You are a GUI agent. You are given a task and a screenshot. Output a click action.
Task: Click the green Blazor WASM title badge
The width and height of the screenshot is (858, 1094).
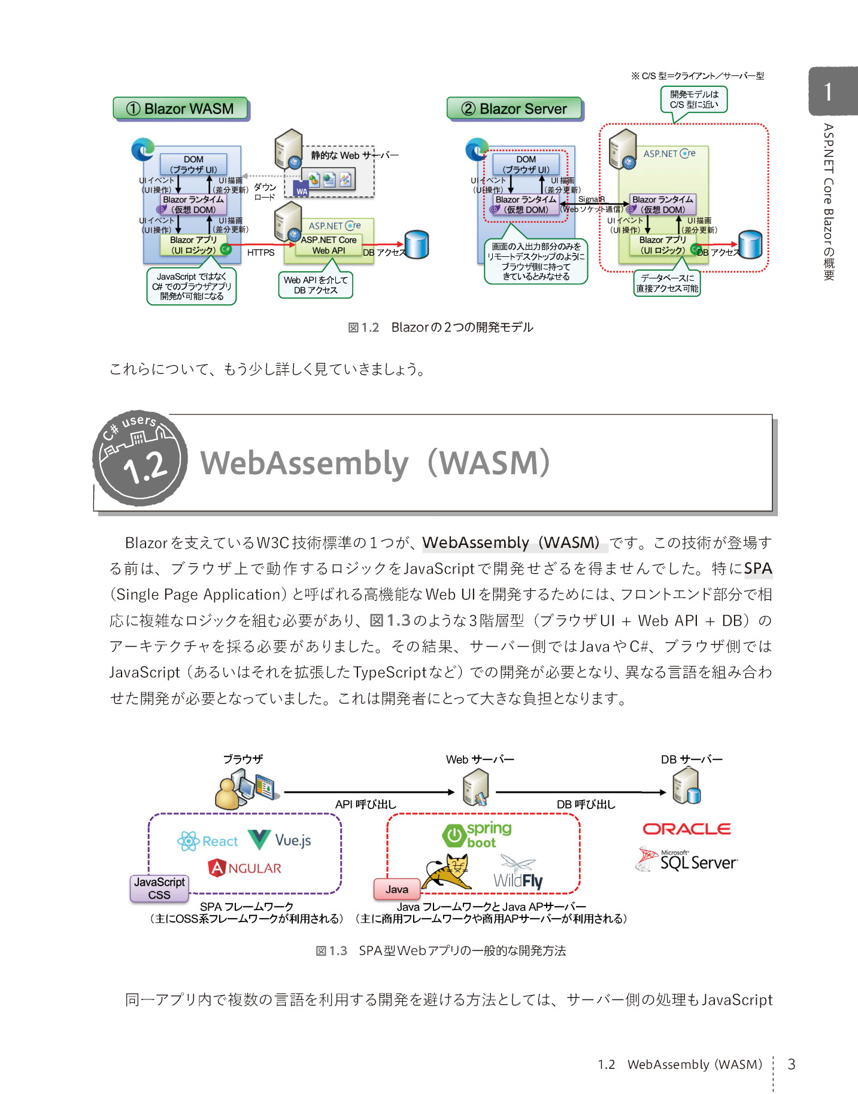tap(181, 108)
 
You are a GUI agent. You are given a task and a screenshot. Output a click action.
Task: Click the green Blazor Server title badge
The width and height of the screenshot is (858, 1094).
tap(515, 108)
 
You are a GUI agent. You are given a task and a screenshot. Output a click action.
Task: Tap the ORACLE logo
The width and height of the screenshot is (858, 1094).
tap(686, 829)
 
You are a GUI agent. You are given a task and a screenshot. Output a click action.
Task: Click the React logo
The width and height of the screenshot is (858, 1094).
tap(208, 841)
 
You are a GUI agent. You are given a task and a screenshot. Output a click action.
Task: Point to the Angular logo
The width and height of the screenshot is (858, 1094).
tap(244, 868)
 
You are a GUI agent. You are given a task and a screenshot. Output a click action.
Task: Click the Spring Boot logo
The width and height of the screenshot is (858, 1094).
tap(477, 835)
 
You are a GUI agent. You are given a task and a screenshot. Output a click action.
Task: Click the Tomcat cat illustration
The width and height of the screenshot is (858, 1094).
tap(447, 872)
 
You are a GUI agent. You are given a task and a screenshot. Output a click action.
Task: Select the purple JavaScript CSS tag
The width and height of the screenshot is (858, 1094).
tap(159, 889)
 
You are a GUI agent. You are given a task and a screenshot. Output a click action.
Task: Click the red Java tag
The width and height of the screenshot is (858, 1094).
tap(396, 889)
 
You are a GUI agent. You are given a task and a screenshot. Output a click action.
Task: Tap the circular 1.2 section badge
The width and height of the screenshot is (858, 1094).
tap(140, 458)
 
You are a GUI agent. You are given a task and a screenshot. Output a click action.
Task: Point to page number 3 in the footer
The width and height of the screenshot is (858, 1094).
tap(791, 1064)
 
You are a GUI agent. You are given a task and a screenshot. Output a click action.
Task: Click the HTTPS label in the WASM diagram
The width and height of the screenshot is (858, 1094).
tap(260, 253)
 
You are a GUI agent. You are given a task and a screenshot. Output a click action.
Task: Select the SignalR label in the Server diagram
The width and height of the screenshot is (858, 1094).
tap(591, 199)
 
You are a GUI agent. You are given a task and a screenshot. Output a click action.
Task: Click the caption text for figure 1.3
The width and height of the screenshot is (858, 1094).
tap(441, 950)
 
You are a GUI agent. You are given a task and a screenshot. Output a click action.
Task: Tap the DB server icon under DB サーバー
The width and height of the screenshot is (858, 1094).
tap(686, 786)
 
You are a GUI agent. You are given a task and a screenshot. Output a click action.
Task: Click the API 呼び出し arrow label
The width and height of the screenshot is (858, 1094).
tap(365, 804)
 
